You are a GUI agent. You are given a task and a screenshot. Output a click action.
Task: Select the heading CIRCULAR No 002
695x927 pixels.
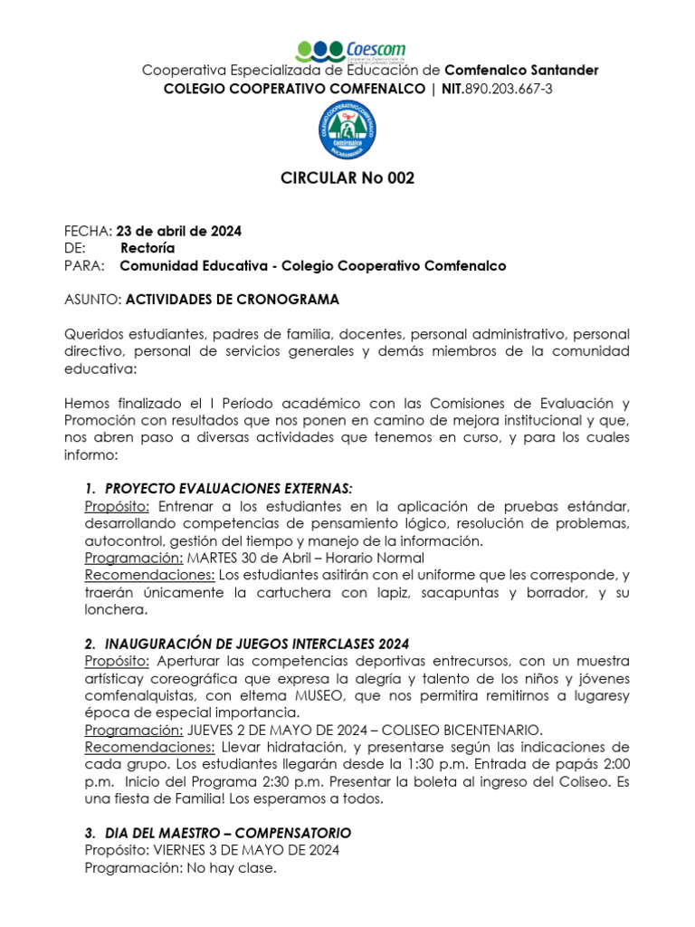pyautogui.click(x=347, y=178)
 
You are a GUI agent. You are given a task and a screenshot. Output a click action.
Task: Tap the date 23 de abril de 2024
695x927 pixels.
pyautogui.click(x=179, y=231)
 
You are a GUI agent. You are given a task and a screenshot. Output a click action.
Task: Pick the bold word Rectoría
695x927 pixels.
pyautogui.click(x=148, y=248)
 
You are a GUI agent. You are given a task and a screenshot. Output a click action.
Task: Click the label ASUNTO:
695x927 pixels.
pyautogui.click(x=92, y=300)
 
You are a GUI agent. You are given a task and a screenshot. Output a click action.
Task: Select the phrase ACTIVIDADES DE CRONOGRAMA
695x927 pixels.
pyautogui.click(x=233, y=300)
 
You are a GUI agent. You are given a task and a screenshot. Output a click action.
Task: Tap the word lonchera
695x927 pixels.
pyautogui.click(x=116, y=609)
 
